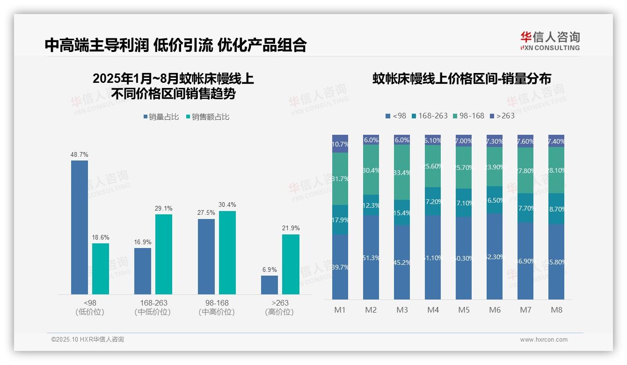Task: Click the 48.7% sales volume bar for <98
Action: point(80,227)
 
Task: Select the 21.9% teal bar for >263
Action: point(291,264)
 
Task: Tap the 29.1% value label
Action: point(164,208)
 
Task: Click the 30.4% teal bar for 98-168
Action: point(227,252)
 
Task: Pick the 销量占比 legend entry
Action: point(161,117)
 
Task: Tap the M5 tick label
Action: point(464,310)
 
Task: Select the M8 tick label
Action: point(556,310)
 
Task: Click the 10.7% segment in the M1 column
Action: point(340,144)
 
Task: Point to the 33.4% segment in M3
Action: point(402,172)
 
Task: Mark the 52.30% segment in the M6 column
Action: point(495,256)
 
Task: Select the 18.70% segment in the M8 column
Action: point(556,208)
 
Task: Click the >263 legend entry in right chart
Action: point(502,116)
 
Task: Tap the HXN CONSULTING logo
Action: point(550,41)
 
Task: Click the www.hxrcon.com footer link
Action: point(544,340)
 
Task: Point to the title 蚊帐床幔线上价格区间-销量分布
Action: point(461,79)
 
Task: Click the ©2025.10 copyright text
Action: point(87,340)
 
